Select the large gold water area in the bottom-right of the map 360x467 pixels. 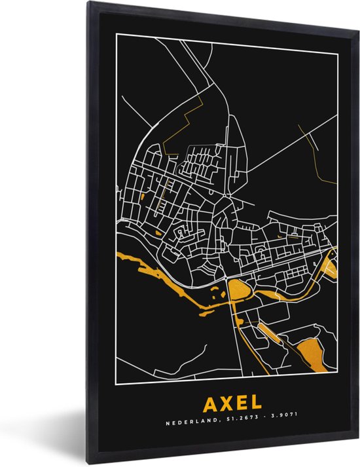[x=308, y=354]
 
